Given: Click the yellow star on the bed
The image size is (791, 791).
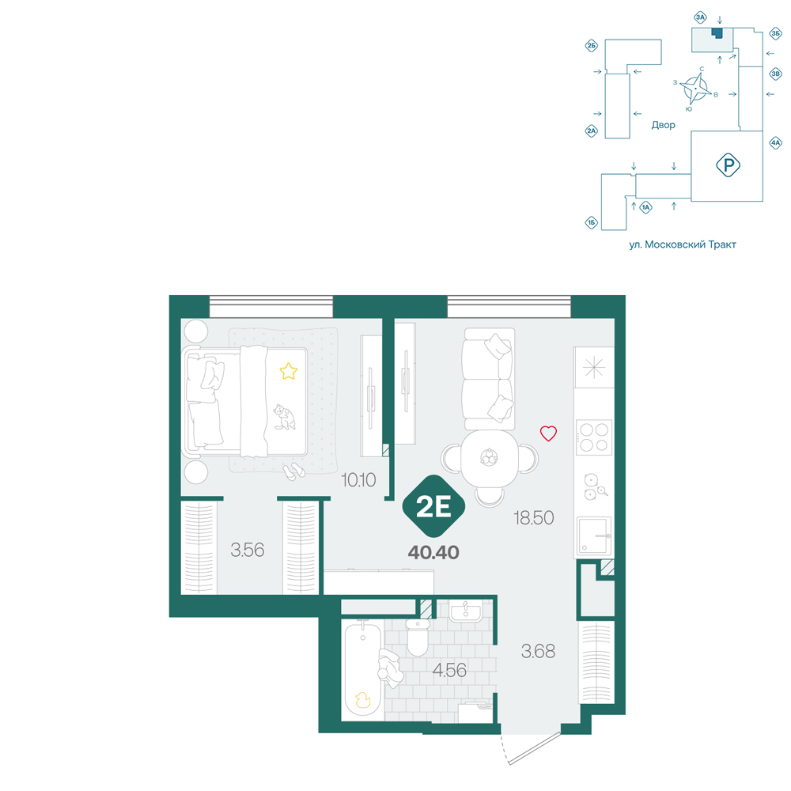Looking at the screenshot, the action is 289,371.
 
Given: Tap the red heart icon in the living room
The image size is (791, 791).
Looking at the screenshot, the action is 548,433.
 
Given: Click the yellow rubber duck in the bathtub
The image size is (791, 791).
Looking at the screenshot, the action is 363,700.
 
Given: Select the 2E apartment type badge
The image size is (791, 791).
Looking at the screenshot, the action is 433,506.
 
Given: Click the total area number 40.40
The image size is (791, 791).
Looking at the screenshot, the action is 433,552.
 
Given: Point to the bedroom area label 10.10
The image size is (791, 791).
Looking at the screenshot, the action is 358,480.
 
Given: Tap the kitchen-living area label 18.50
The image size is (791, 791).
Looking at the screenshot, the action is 534,517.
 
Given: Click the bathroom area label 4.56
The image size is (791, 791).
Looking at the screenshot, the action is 449,670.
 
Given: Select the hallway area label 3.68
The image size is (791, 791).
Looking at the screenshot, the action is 538,651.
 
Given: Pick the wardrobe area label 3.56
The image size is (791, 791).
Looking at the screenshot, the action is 247,550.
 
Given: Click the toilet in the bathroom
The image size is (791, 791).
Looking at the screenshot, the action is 418,638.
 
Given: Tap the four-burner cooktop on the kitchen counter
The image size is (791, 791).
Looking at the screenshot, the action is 594,437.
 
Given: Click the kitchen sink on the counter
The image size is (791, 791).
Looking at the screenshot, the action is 594,536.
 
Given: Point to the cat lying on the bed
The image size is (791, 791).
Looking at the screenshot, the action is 285,417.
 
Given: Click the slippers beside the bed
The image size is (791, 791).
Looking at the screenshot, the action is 293,471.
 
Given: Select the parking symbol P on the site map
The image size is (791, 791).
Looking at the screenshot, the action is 728,165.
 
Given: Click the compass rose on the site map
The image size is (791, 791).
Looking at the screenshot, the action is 695,89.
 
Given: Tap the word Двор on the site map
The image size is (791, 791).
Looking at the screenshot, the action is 663,125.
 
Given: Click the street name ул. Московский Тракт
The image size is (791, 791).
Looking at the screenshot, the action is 683,244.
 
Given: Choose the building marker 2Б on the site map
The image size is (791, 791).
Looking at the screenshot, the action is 591,46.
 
